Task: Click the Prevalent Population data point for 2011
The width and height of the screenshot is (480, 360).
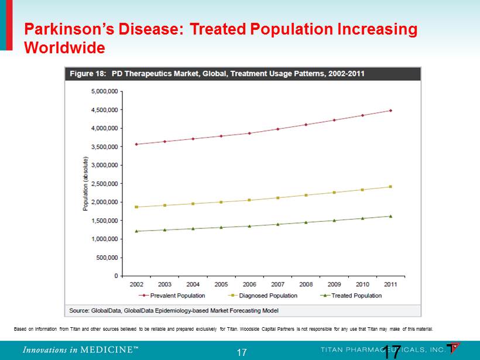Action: (x=390, y=111)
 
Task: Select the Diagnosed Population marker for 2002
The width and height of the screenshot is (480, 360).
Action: (x=136, y=207)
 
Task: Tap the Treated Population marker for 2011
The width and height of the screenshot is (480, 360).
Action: (x=390, y=216)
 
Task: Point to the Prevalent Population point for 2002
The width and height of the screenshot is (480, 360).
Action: (x=136, y=144)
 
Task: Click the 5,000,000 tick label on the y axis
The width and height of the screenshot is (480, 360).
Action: (x=105, y=91)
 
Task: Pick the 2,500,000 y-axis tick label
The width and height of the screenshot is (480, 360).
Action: (x=105, y=184)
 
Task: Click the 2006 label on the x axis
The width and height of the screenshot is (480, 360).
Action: (x=249, y=284)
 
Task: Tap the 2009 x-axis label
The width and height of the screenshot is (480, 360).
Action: (x=334, y=284)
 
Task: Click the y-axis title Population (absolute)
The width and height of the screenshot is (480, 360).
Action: (x=85, y=184)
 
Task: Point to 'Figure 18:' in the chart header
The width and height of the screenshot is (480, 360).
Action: (x=88, y=74)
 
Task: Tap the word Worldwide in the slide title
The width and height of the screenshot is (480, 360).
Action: (x=64, y=47)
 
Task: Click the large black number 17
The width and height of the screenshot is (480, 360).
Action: (x=392, y=352)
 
